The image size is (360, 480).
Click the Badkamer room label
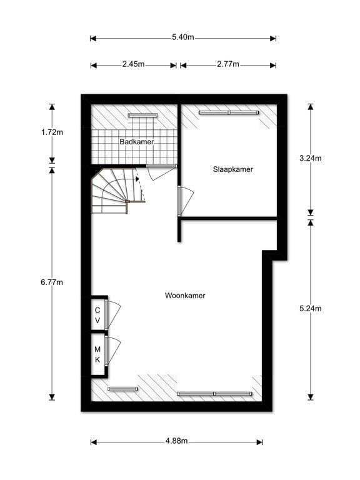(136, 142)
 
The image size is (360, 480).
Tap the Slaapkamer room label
(233, 169)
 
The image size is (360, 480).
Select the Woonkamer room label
(185, 296)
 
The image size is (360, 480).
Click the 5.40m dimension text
(182, 37)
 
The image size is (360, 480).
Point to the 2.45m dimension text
(134, 64)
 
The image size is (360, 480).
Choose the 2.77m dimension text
(228, 64)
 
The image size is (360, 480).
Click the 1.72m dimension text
(52, 132)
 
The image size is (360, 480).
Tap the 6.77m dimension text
(52, 282)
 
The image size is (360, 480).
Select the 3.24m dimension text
(311, 158)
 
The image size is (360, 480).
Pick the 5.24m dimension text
(311, 308)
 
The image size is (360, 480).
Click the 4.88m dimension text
(177, 441)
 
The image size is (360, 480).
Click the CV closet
(98, 314)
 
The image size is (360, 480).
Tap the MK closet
(98, 354)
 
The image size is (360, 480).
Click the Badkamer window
(142, 116)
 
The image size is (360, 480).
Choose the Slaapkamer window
(229, 112)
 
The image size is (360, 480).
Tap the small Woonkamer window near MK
(122, 389)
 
